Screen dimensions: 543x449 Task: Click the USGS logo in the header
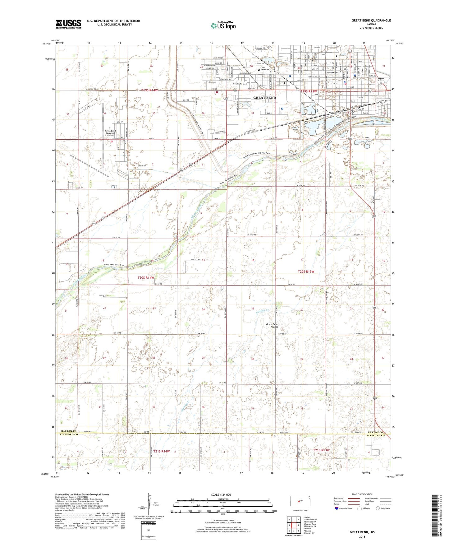coord(68,24)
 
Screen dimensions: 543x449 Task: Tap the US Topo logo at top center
coord(223,26)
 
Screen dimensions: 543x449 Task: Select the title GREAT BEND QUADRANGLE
coord(371,21)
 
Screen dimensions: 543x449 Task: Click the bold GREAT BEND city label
coord(264,98)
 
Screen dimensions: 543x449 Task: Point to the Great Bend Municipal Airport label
coord(110,133)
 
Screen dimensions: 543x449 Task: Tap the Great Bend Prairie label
coord(272,326)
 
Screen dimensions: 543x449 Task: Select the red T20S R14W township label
coord(146,277)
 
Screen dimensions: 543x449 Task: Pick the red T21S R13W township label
coord(321,450)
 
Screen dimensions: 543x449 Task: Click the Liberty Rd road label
coord(196,260)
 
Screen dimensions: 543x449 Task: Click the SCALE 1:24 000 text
coord(221,494)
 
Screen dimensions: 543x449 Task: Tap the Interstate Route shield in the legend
coord(337,508)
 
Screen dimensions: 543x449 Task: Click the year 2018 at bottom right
coord(362,536)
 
